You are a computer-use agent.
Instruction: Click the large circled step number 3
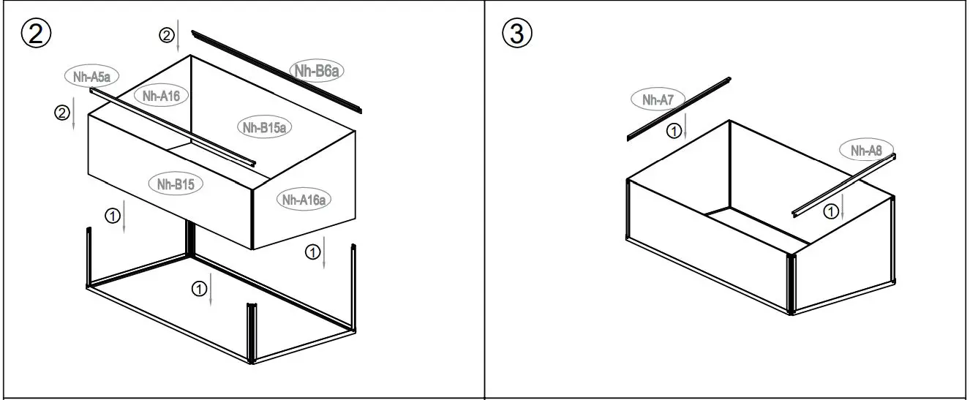[x=518, y=34]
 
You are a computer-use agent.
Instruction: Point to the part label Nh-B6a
[x=317, y=70]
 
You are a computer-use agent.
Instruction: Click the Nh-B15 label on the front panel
[x=175, y=184]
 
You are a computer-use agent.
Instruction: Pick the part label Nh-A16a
[x=304, y=199]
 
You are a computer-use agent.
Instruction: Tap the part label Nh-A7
[x=658, y=100]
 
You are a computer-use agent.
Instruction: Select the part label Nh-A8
[x=866, y=151]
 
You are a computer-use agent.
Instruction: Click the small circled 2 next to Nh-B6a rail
[x=168, y=34]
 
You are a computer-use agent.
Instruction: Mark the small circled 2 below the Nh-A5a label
[x=62, y=113]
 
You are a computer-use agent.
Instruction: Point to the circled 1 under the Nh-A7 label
[x=674, y=131]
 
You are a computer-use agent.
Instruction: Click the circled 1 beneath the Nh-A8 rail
[x=831, y=211]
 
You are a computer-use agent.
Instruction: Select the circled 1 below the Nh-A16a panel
[x=312, y=252]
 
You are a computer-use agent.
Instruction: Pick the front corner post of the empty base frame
[x=251, y=333]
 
